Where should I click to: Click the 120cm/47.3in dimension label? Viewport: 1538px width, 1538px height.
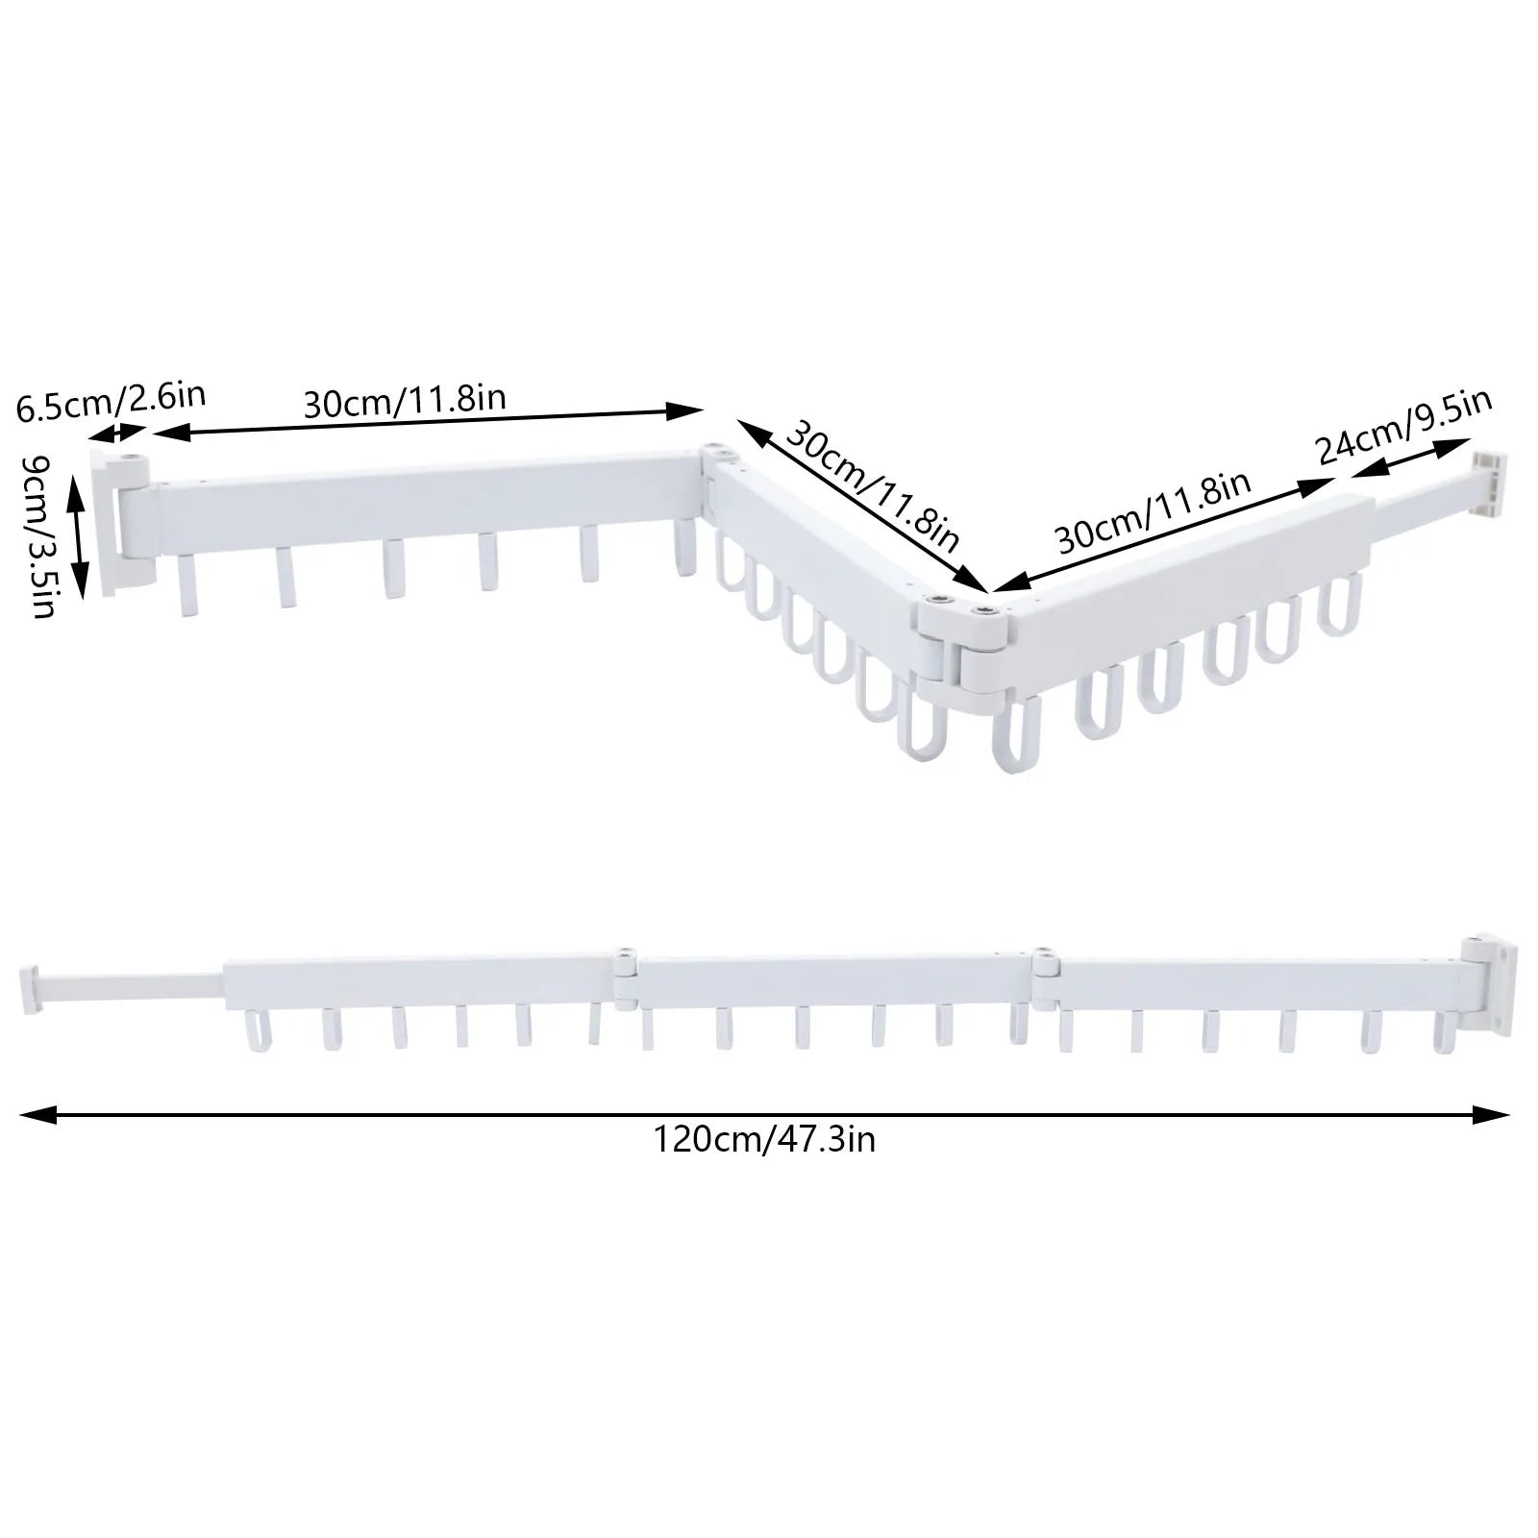[764, 1140]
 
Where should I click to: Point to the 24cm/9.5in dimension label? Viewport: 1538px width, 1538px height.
[1402, 423]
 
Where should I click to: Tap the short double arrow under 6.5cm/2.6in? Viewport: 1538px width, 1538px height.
[128, 434]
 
